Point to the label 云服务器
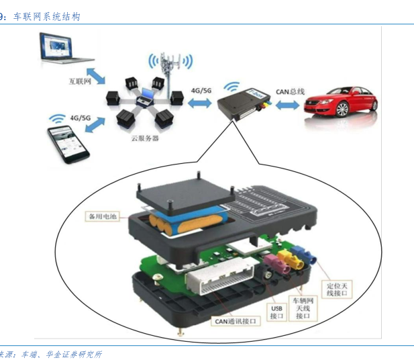click(x=145, y=138)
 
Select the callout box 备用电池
click(x=102, y=217)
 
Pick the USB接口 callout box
click(x=276, y=312)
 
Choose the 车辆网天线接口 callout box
click(x=301, y=308)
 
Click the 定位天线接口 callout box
click(x=336, y=289)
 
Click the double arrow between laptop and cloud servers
click(x=97, y=78)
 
